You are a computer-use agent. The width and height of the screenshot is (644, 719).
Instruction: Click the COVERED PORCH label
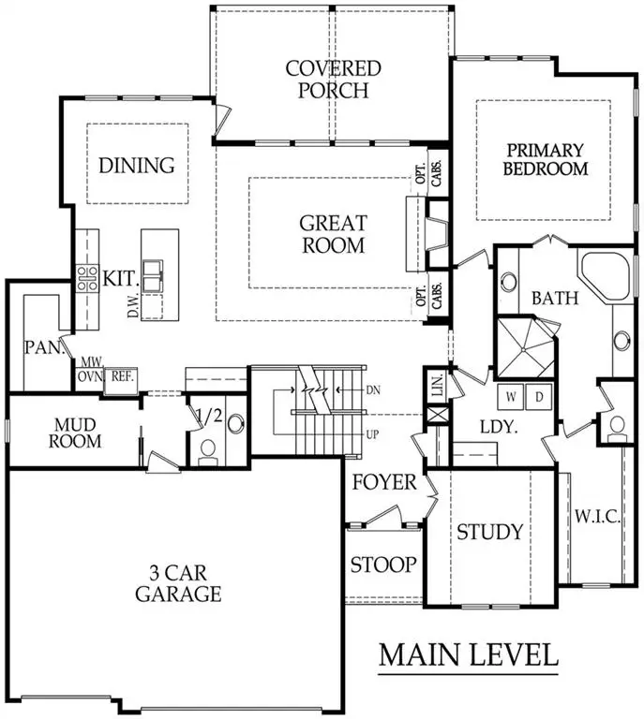[x=334, y=80]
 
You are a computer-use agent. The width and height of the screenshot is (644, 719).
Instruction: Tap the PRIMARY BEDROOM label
[x=545, y=159]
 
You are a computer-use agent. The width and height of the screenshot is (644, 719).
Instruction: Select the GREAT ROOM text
[x=333, y=234]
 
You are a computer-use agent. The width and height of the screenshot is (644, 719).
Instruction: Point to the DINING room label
[x=137, y=166]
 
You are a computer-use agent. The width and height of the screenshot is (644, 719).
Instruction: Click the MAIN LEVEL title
[x=468, y=654]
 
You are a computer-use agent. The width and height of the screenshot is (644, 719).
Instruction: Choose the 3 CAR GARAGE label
[x=177, y=582]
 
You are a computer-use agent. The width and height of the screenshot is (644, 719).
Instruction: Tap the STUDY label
[x=489, y=532]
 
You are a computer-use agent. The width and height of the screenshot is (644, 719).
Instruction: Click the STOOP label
[x=382, y=565]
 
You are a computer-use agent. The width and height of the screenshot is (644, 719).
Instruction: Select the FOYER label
[x=384, y=483]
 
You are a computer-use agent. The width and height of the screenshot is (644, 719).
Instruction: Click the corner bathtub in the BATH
[x=606, y=273]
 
